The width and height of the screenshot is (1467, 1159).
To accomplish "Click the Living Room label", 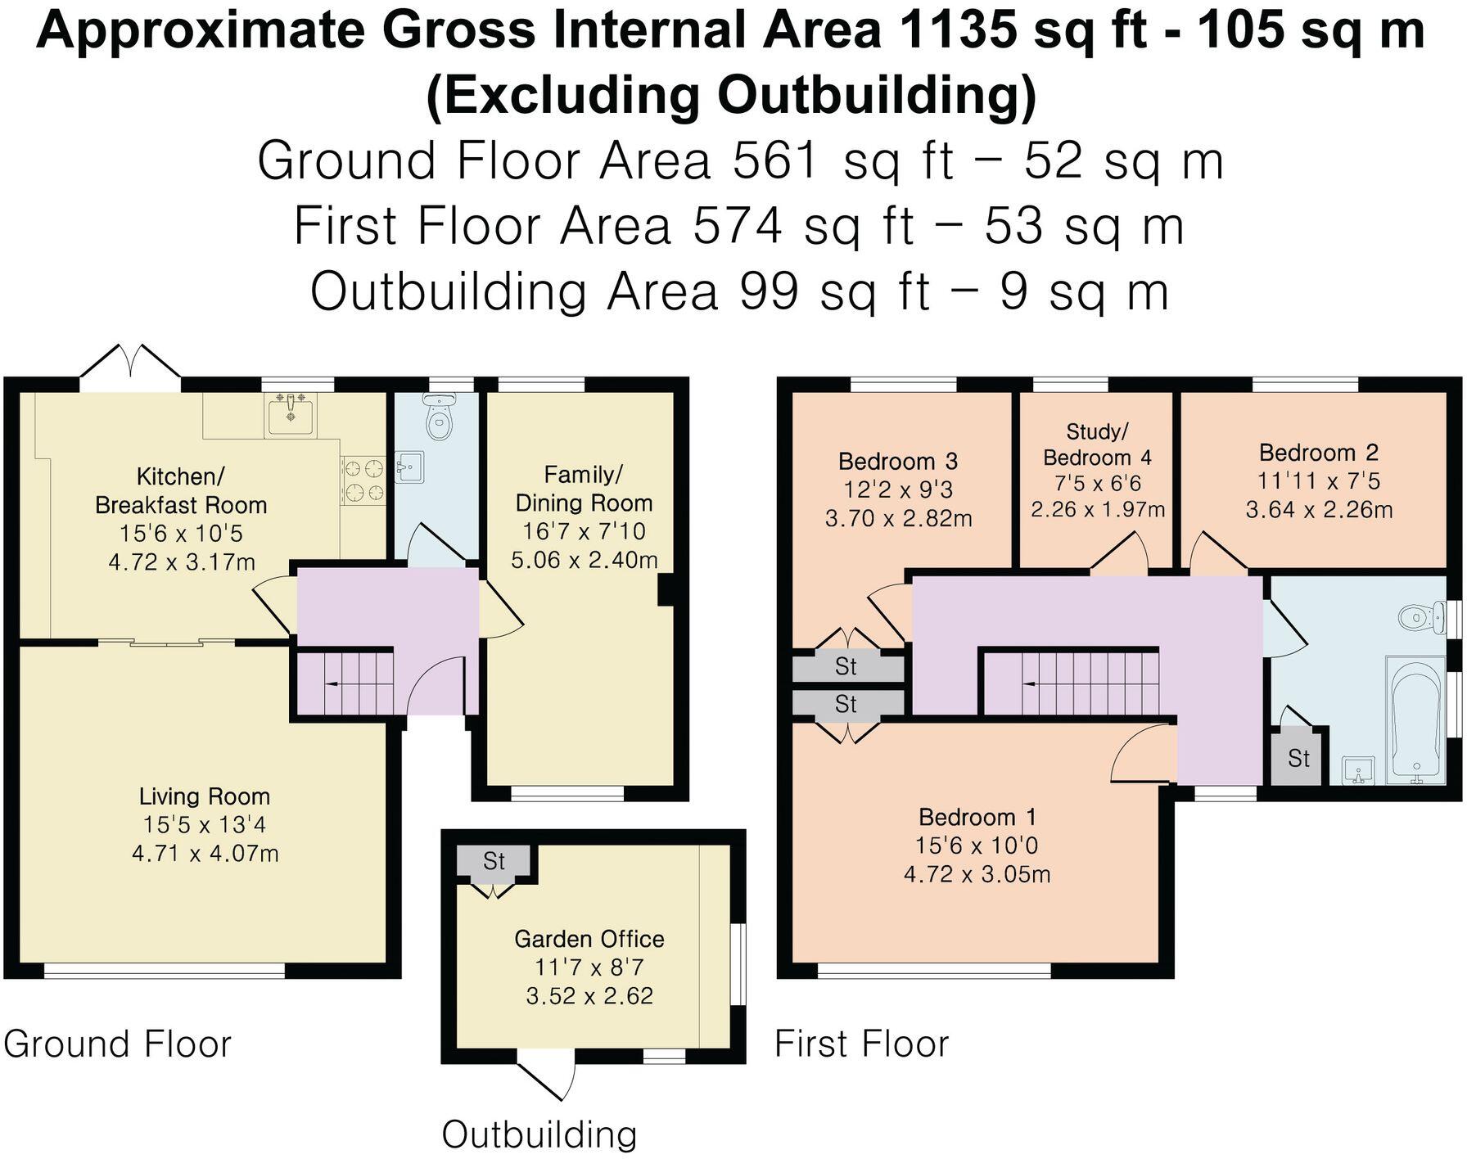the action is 204,796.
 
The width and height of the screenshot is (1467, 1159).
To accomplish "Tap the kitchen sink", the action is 291,414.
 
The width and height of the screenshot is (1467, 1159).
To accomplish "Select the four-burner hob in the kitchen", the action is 363,480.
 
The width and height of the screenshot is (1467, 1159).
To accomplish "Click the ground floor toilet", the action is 440,418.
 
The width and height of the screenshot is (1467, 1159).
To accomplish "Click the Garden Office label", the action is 589,939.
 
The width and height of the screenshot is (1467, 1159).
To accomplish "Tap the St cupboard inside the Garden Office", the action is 494,861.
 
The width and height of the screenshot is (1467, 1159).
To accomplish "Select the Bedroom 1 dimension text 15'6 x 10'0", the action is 977,846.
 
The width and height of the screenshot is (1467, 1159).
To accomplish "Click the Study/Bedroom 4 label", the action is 1097,444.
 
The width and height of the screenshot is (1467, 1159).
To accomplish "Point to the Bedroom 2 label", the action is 1318,453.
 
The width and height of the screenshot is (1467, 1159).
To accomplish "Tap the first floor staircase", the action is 1071,682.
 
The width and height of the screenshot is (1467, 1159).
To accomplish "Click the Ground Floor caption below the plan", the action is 118,1044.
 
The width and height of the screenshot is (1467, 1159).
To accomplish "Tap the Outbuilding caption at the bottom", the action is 539,1134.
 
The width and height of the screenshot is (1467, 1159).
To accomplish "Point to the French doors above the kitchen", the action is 131,362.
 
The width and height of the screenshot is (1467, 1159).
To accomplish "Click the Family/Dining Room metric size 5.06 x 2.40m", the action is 584,560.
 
